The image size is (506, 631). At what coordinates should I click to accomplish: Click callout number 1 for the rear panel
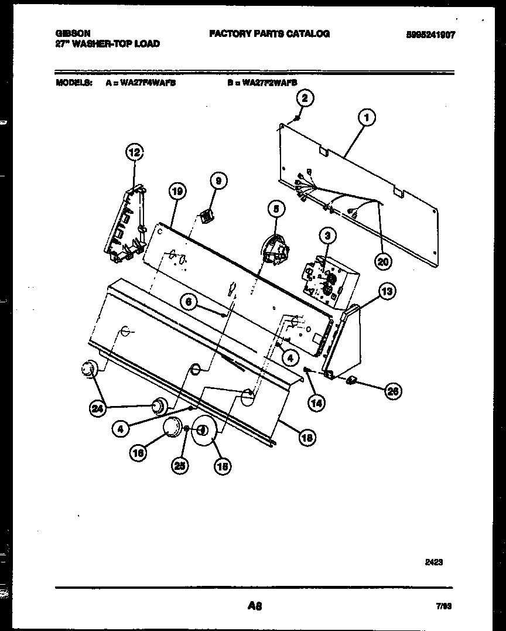coord(367,119)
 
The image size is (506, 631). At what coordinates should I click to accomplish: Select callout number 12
coord(135,154)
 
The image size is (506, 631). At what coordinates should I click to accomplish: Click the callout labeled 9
coord(217,181)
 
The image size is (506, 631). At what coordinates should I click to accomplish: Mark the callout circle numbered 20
coord(382,262)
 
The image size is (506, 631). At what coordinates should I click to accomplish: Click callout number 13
coord(387,290)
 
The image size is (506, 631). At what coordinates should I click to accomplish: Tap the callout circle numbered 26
coord(393,393)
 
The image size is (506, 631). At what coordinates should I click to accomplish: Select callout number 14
coord(317,403)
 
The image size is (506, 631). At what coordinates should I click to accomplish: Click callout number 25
coord(180,466)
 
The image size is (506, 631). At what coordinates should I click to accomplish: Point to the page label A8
coord(254,607)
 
